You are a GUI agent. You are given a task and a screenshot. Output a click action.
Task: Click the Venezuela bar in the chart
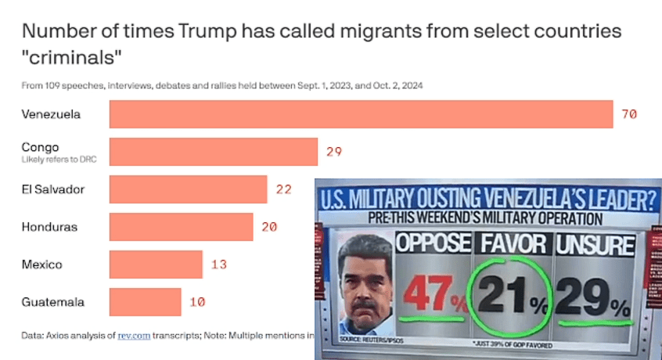[x=360, y=114]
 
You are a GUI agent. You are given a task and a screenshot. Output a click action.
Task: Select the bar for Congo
[x=213, y=152]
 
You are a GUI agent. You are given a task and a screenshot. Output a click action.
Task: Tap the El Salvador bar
[x=188, y=189]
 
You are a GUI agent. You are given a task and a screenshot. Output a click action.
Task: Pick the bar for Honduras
[x=181, y=227]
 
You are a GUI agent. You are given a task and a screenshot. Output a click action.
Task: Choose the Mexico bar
[x=156, y=265]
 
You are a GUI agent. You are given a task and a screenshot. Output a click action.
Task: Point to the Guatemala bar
[x=145, y=301]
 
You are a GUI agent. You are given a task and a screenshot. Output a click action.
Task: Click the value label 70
[x=629, y=114]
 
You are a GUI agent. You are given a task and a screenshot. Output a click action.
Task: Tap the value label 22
[x=283, y=189]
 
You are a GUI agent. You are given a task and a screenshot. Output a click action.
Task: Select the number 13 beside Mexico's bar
[x=219, y=265]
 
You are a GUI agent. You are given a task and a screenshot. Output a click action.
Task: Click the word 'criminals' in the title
[x=73, y=58]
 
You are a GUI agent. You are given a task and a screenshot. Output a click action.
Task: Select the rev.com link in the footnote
[x=128, y=336]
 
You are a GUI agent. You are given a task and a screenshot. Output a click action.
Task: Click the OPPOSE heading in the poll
[x=434, y=244]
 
